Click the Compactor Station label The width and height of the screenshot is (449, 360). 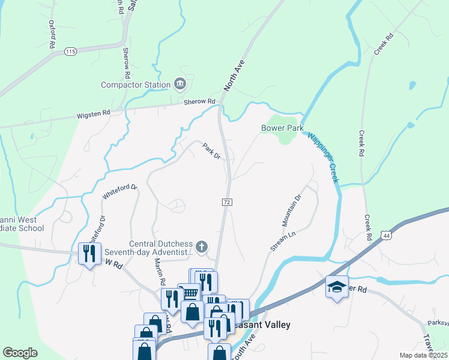136,85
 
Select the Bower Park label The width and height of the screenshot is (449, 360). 282,128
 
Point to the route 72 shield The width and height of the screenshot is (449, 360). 227,203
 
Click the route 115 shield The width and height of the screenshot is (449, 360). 70,52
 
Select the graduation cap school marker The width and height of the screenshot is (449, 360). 337,287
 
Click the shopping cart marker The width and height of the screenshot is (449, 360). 190,293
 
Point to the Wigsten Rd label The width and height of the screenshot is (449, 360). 93,113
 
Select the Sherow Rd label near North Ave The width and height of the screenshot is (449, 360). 199,102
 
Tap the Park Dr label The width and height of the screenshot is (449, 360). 211,151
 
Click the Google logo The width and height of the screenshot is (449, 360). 20,353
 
